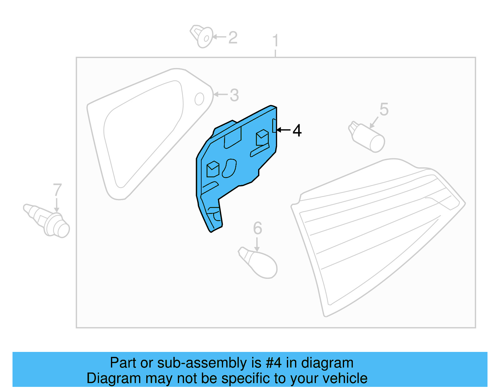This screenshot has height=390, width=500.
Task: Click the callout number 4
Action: [x=297, y=131]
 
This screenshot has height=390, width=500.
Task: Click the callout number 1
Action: [x=275, y=41]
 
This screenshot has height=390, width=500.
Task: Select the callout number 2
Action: [x=233, y=38]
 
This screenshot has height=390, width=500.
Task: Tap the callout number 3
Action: [x=234, y=95]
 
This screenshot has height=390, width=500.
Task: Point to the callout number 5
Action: [x=384, y=110]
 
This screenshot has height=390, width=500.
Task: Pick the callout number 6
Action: [x=257, y=228]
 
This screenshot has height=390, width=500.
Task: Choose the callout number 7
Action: [x=57, y=190]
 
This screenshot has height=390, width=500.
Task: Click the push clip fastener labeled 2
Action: [x=202, y=36]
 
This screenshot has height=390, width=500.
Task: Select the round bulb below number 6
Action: [x=261, y=264]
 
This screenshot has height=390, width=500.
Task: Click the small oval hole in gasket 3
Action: [x=199, y=99]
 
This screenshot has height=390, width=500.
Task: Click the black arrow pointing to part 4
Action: [x=283, y=130]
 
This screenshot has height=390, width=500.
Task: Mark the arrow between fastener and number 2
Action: [x=220, y=37]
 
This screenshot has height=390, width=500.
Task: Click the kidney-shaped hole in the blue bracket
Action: [x=229, y=168]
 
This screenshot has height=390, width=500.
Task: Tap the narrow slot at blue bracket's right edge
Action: [x=274, y=126]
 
